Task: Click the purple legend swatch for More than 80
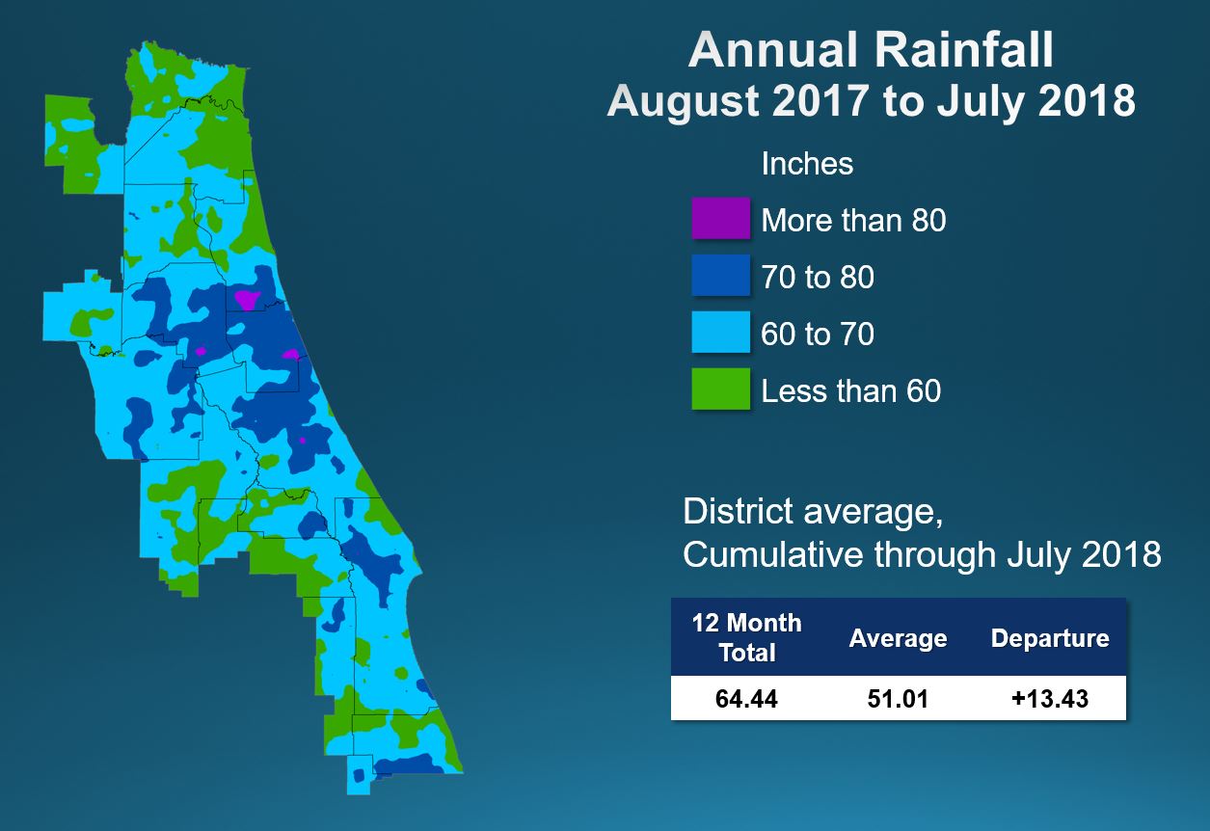720,219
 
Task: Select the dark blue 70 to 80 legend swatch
720,276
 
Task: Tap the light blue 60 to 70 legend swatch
720,333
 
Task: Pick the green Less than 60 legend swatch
720,389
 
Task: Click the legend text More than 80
853,221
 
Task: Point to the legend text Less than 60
850,390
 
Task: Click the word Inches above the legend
807,164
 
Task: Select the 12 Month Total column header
746,637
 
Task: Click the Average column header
898,639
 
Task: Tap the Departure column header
1050,639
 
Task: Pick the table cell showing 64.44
746,698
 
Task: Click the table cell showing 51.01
898,698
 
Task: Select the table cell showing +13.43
1050,698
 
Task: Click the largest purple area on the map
248,300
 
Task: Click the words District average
812,511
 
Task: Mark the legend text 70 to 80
818,278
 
